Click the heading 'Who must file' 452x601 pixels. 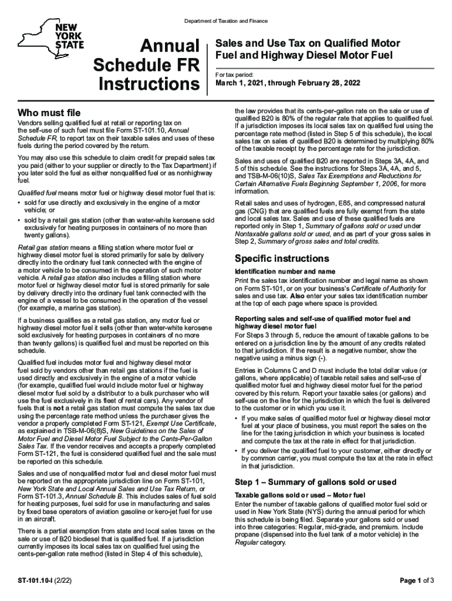click(x=49, y=112)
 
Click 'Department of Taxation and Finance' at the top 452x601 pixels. click(x=226, y=21)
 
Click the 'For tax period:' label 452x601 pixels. click(x=235, y=75)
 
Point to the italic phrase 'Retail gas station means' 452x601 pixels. click(x=55, y=248)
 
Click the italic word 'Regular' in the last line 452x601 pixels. click(x=247, y=543)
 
